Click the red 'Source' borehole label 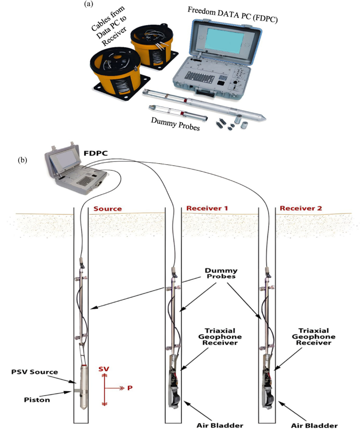(x=108, y=208)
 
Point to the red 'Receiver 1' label (x=207, y=208)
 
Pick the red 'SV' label (x=105, y=369)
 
